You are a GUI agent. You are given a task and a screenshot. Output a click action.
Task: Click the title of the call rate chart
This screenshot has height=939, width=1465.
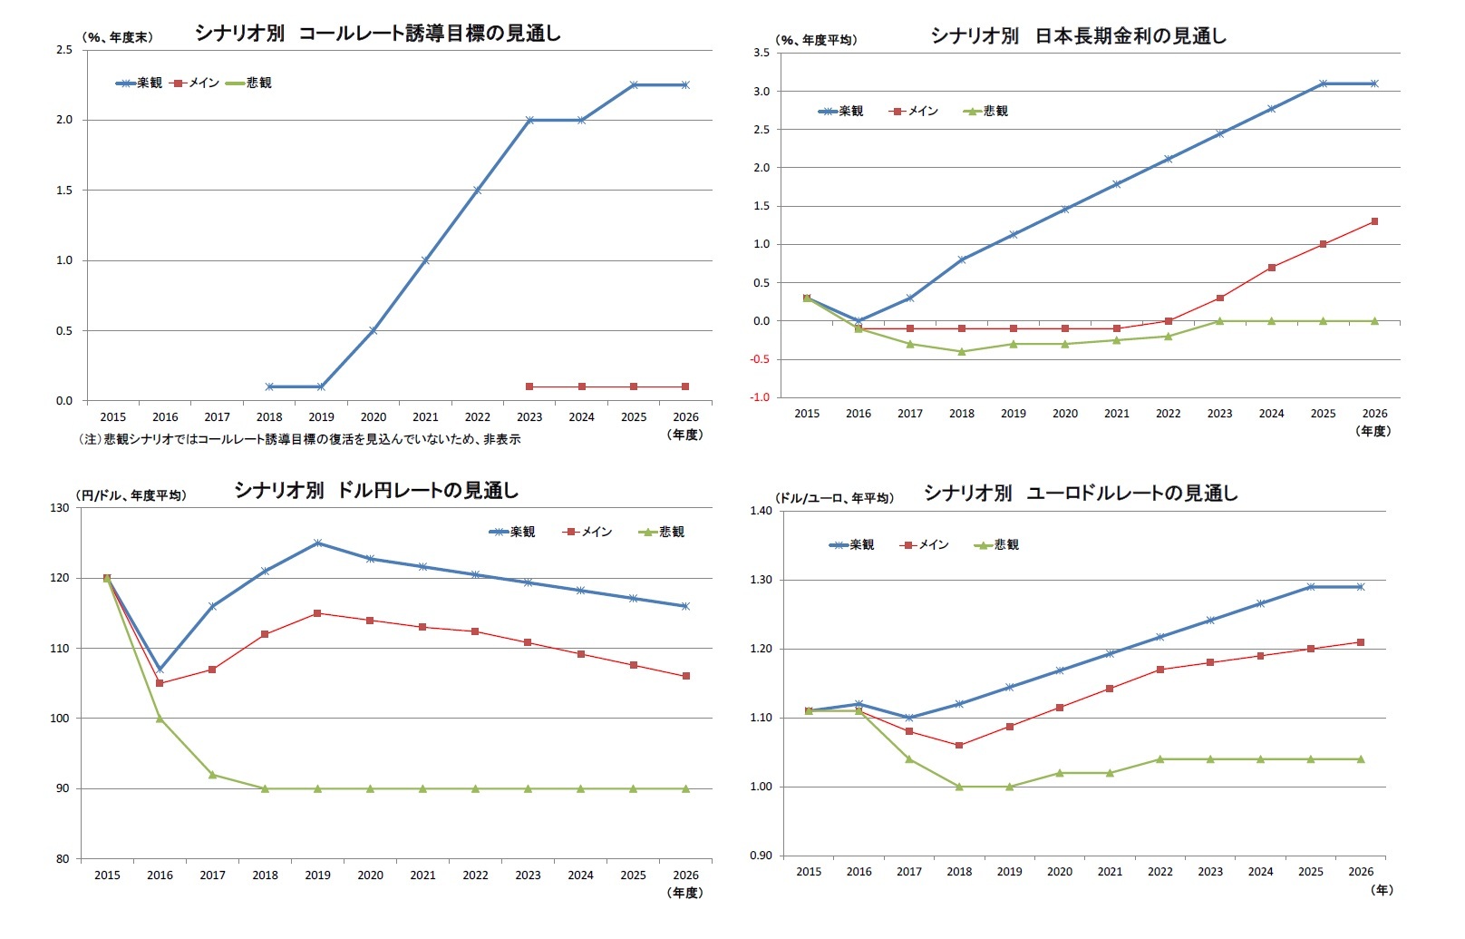coord(378,34)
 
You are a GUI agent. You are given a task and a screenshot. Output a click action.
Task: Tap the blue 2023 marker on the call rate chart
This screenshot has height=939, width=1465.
coord(529,120)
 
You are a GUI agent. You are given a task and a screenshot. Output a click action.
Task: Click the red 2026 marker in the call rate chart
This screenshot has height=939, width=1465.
coord(685,386)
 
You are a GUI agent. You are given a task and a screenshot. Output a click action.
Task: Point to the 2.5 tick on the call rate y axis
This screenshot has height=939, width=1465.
coord(64,50)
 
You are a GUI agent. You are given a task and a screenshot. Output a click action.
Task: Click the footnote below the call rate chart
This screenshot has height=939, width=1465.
coord(300,439)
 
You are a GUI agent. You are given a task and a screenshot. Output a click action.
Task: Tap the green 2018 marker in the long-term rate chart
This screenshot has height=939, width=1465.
coord(962,351)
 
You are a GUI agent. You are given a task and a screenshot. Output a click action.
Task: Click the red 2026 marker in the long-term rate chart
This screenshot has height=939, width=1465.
coord(1374,221)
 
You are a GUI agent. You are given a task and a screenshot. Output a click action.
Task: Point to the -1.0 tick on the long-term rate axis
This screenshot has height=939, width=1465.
coord(760,397)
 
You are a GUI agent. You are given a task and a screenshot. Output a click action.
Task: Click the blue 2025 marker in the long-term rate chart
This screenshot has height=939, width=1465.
coord(1323,83)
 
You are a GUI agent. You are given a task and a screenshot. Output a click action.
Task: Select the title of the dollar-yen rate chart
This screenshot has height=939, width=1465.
coord(376,491)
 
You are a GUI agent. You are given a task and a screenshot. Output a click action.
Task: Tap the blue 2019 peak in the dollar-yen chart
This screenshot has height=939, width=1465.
coord(317,543)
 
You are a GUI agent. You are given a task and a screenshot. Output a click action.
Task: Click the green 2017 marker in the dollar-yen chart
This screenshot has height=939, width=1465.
coord(212,774)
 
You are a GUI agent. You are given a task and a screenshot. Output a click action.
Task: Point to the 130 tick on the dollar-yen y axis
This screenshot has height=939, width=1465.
coord(60,508)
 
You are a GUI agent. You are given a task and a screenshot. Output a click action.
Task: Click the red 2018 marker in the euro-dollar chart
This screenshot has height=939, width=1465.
coord(959,745)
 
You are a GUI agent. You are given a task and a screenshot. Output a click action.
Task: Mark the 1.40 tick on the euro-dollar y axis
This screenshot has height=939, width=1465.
coord(761,511)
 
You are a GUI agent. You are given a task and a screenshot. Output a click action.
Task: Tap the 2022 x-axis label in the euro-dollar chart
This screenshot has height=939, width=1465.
coord(1159,872)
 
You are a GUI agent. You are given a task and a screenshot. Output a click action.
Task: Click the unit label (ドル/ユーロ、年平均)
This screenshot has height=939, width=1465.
coord(834,498)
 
